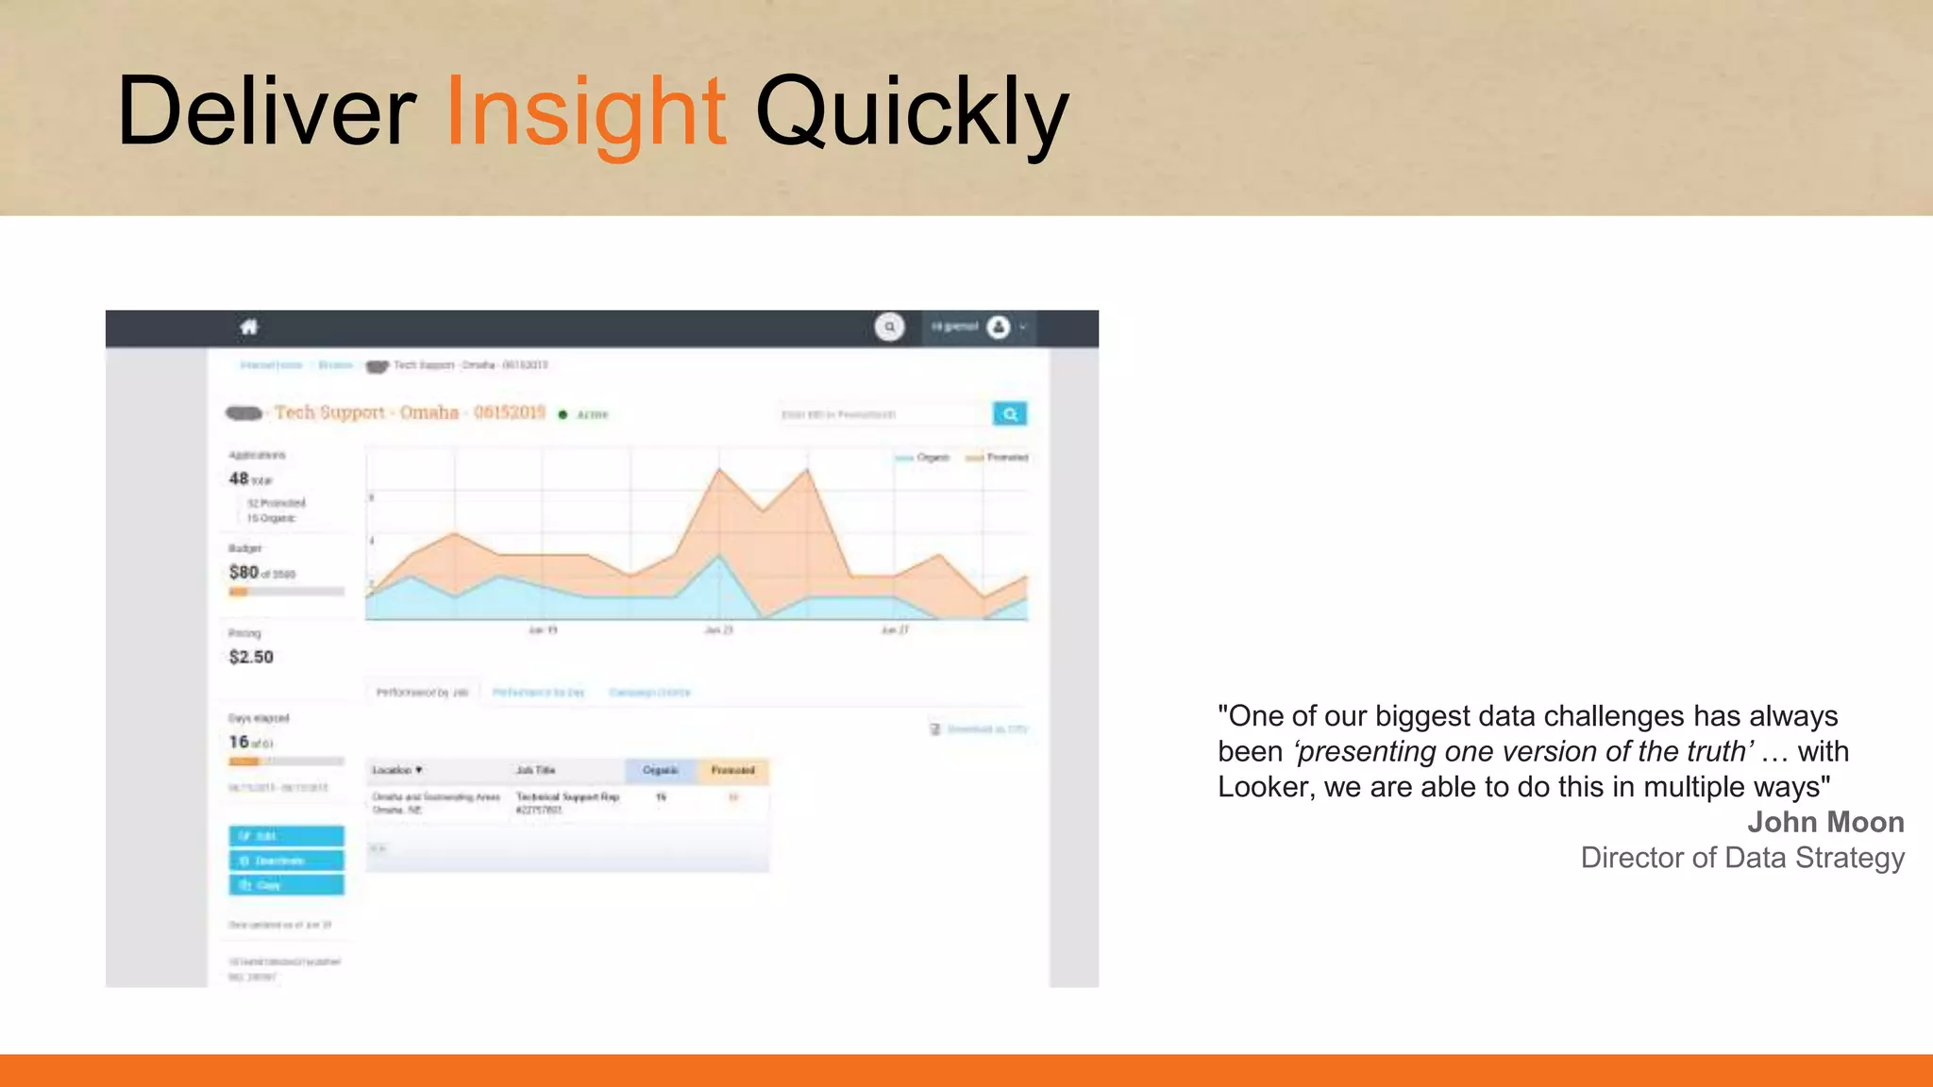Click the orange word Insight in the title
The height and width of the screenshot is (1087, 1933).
(585, 113)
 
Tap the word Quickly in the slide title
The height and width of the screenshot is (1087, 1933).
(912, 113)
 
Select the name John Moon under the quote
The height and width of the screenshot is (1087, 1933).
(1824, 822)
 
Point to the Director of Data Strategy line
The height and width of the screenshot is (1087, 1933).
(1741, 858)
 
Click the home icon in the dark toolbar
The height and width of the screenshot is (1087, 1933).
(249, 327)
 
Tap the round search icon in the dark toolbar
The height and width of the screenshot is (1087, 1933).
(889, 327)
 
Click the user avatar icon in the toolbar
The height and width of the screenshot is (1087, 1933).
(998, 327)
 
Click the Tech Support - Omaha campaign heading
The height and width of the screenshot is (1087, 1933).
(410, 413)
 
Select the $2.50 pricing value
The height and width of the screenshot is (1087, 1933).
(251, 657)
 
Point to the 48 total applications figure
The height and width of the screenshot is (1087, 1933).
(249, 479)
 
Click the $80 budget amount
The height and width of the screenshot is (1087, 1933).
(244, 573)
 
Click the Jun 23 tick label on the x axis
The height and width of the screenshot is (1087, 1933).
(719, 630)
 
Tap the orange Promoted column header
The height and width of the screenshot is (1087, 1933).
(732, 770)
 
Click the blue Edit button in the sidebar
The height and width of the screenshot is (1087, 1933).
(286, 836)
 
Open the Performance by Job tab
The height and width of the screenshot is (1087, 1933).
(422, 693)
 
